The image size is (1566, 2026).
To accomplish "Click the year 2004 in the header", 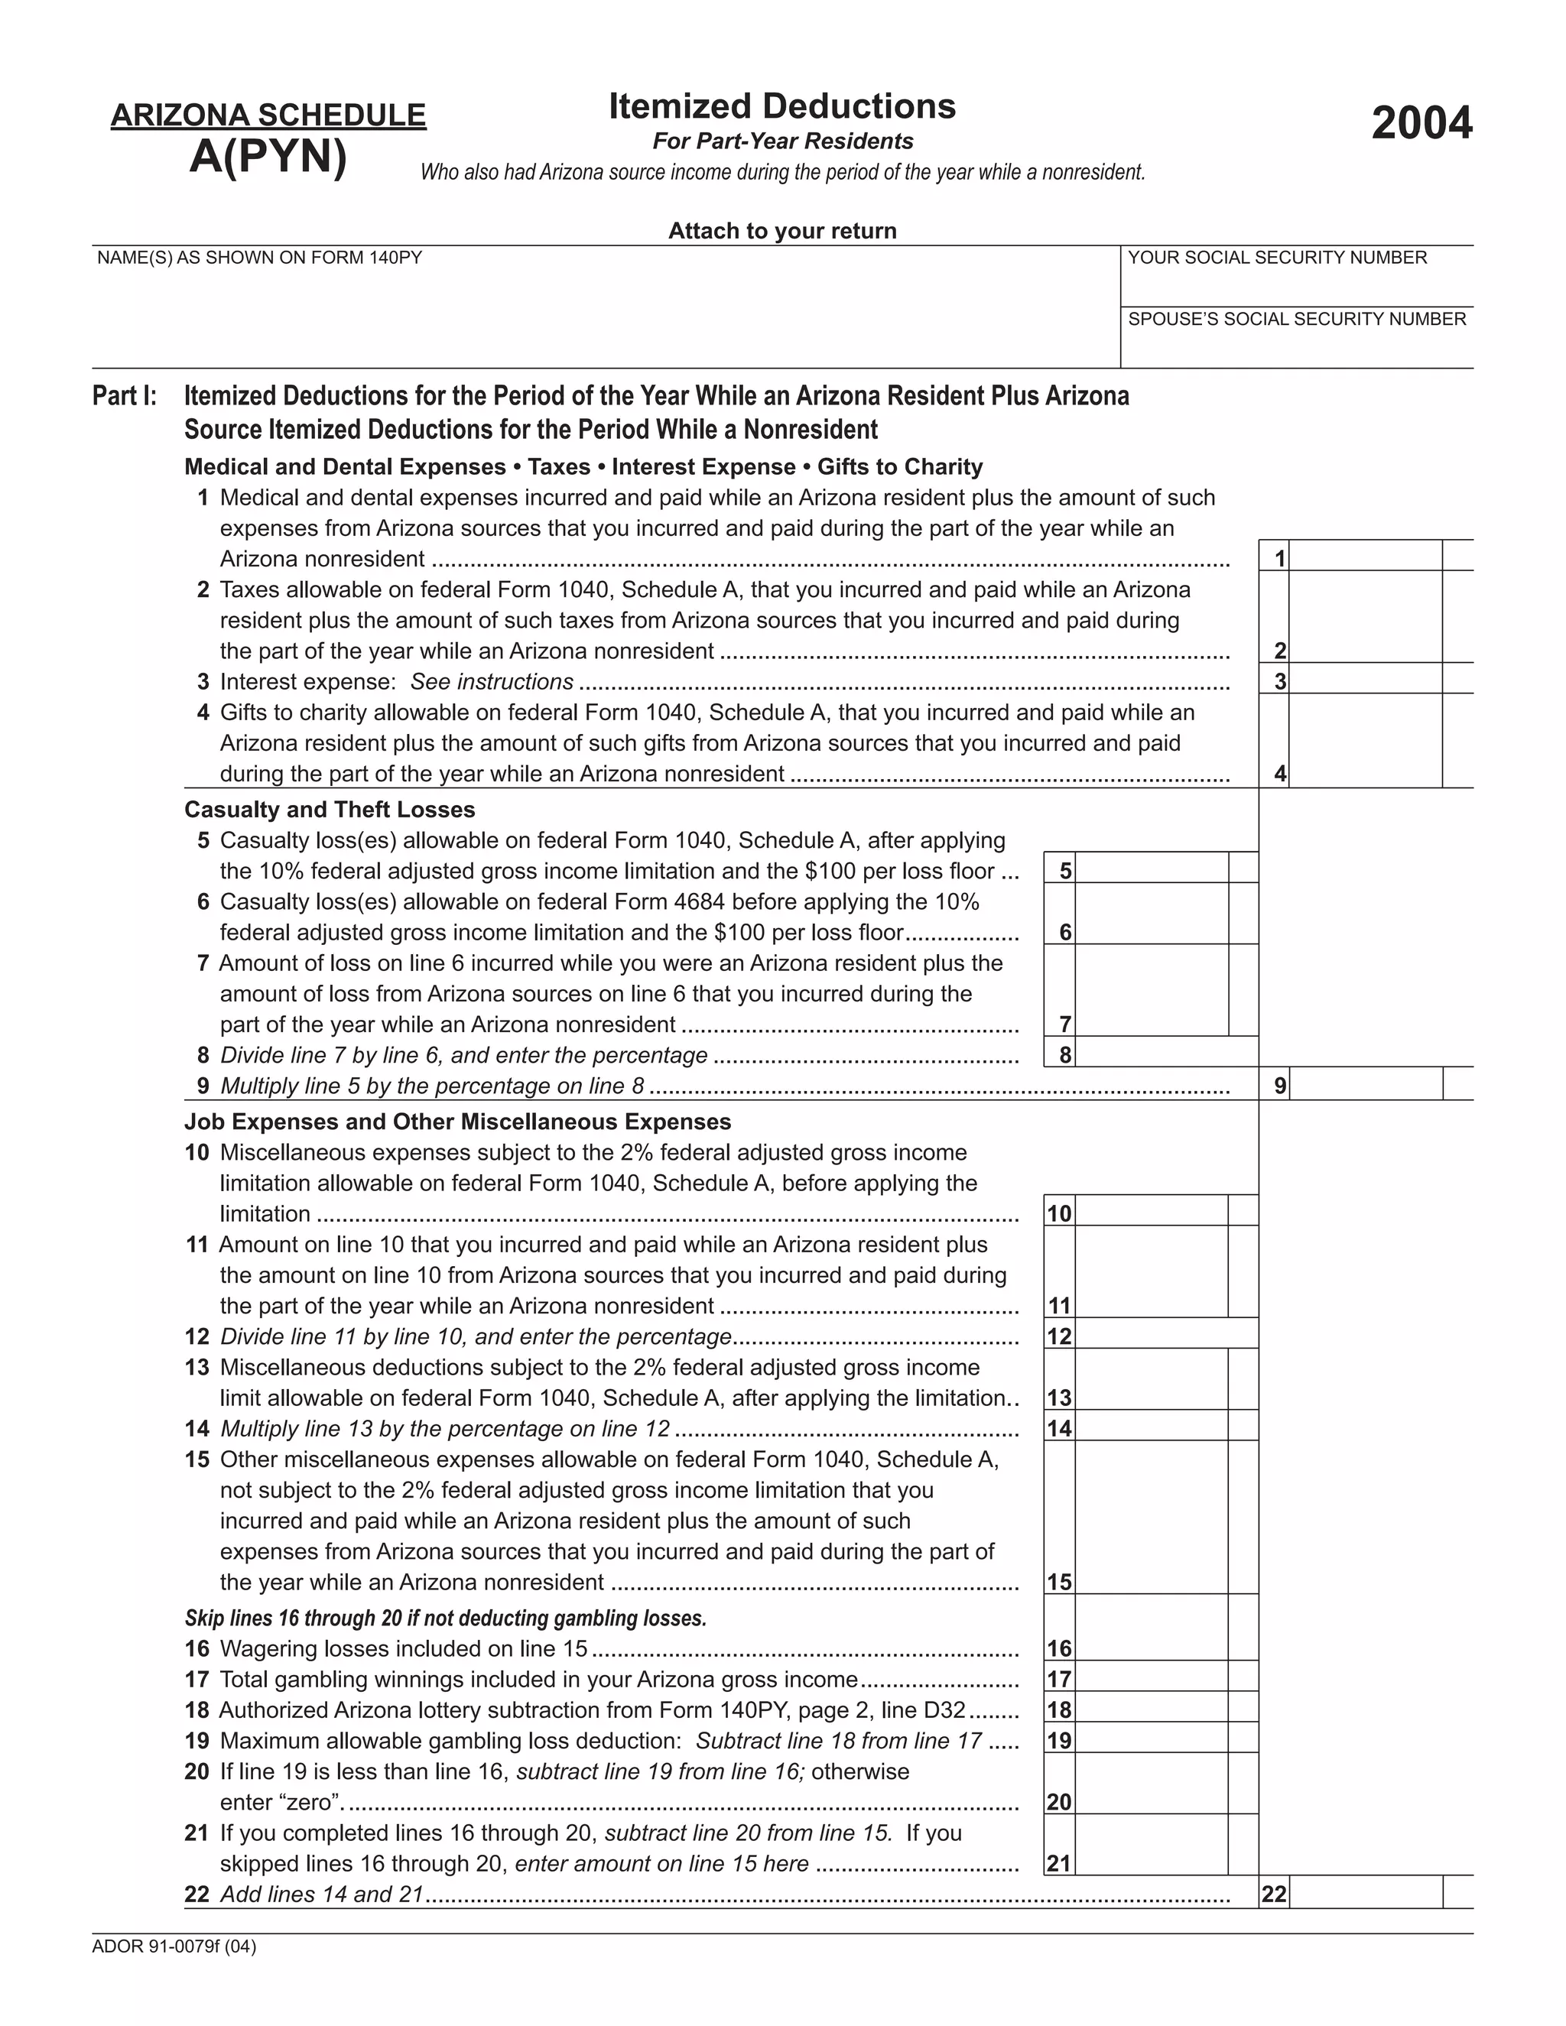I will point(1421,123).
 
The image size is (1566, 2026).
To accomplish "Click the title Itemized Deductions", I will point(782,107).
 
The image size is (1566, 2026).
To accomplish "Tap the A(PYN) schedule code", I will point(268,156).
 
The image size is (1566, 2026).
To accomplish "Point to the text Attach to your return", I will point(782,231).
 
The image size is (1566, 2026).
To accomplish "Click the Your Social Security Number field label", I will point(1276,258).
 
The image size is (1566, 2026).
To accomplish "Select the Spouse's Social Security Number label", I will point(1296,319).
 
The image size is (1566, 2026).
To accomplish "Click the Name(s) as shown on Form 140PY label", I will point(260,258).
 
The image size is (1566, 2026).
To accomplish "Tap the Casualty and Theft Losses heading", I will point(330,810).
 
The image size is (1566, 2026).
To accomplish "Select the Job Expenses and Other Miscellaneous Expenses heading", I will point(457,1122).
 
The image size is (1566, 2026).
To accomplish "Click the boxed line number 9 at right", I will point(1279,1086).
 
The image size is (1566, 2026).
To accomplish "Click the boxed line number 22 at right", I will point(1274,1895).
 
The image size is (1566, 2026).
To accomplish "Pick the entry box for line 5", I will point(1150,869).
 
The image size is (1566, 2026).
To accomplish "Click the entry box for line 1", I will point(1365,557).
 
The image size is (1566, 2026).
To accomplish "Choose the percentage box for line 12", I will point(1165,1335).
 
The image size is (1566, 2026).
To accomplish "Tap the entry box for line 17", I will point(1150,1678).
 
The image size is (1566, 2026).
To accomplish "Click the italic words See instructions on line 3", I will point(492,682).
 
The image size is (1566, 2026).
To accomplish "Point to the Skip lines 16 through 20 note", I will point(445,1619).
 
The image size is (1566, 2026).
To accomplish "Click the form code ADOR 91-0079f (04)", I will point(174,1946).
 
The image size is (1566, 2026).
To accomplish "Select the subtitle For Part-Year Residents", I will point(782,141).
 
